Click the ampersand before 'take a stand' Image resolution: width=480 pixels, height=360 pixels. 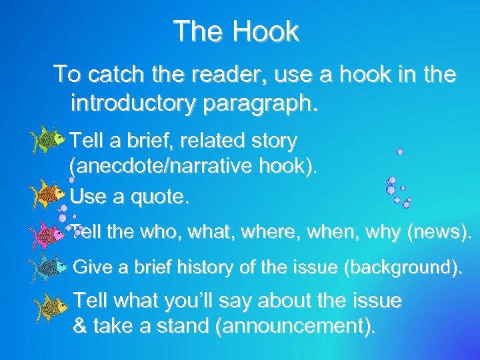pyautogui.click(x=81, y=328)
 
